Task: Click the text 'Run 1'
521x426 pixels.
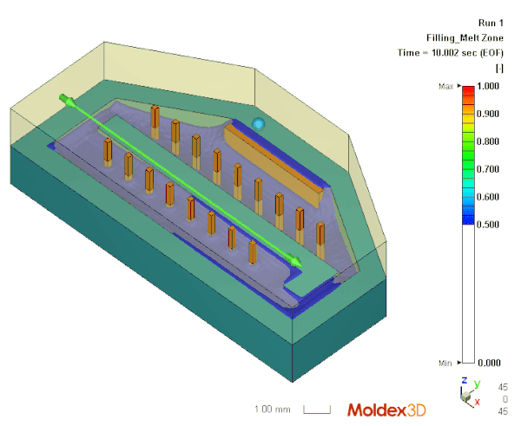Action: point(491,23)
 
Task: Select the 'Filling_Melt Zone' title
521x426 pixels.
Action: point(465,38)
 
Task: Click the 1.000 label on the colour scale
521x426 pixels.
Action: point(488,86)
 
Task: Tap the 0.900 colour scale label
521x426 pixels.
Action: point(488,114)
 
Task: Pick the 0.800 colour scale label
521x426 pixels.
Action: point(488,141)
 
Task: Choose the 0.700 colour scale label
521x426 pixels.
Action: point(488,169)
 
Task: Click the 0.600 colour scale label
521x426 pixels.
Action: point(488,197)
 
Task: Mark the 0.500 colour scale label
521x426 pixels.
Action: point(488,225)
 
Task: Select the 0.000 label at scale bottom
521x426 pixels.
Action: point(489,363)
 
